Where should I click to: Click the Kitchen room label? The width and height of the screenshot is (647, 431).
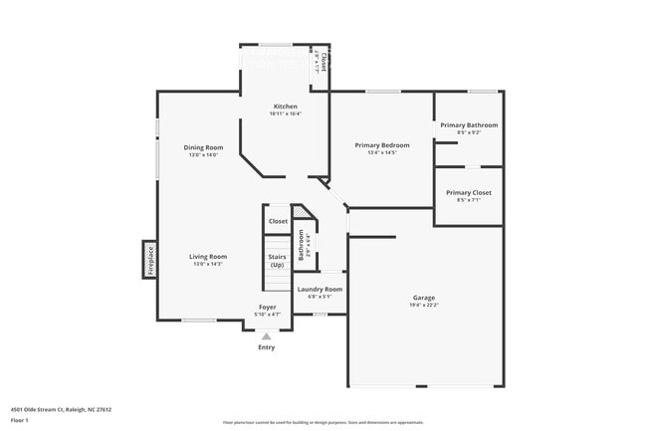tap(285, 106)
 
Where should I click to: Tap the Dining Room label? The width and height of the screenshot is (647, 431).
tap(201, 147)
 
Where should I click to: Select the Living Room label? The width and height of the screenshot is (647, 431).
tap(209, 256)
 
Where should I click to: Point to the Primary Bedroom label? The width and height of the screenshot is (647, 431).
tap(382, 144)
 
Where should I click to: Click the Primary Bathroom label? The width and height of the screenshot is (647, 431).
tap(469, 124)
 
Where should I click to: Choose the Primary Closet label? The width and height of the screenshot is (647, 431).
tap(468, 192)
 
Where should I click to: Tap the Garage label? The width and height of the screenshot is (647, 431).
tap(424, 298)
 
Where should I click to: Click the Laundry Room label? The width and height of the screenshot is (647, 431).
tap(321, 289)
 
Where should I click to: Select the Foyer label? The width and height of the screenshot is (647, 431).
tap(268, 307)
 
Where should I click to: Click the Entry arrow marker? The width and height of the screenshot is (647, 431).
tap(266, 336)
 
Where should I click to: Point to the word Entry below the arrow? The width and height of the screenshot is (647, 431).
tap(267, 347)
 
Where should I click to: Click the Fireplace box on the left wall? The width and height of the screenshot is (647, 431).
tap(150, 260)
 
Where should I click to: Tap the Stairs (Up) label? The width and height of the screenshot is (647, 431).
tap(277, 261)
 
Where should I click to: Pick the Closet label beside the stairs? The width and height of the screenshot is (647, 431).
tap(278, 221)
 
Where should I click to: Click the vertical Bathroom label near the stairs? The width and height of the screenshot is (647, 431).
tap(301, 245)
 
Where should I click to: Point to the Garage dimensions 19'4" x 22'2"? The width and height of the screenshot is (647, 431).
tap(424, 306)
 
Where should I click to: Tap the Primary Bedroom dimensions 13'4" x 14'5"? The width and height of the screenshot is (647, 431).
tap(382, 152)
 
